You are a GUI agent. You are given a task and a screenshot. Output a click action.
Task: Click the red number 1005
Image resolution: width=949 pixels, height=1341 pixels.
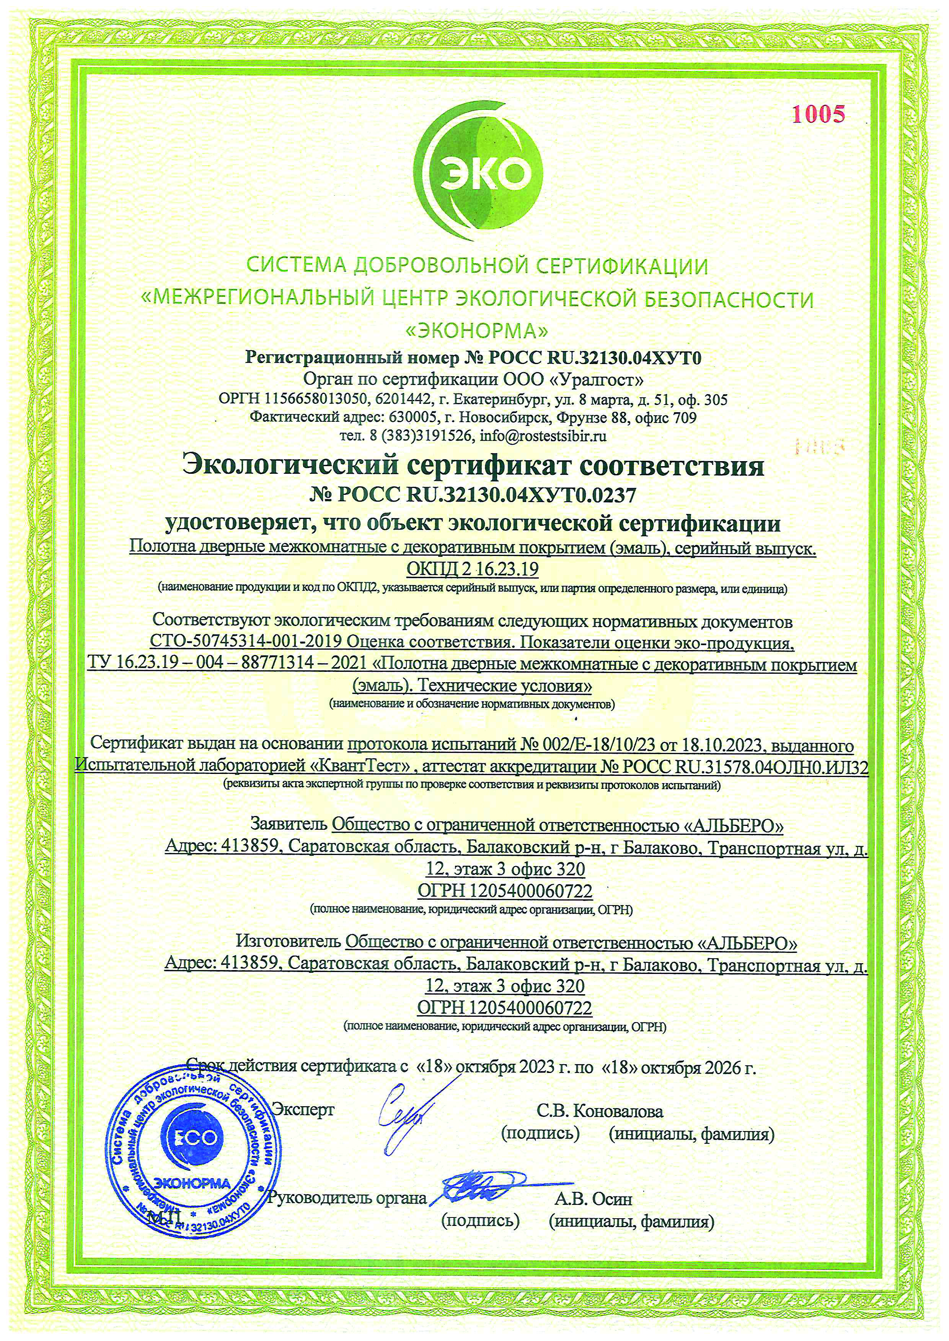click(x=818, y=114)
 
